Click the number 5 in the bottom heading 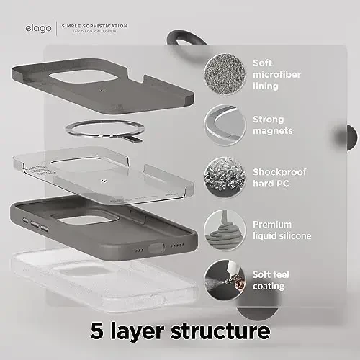98,332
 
